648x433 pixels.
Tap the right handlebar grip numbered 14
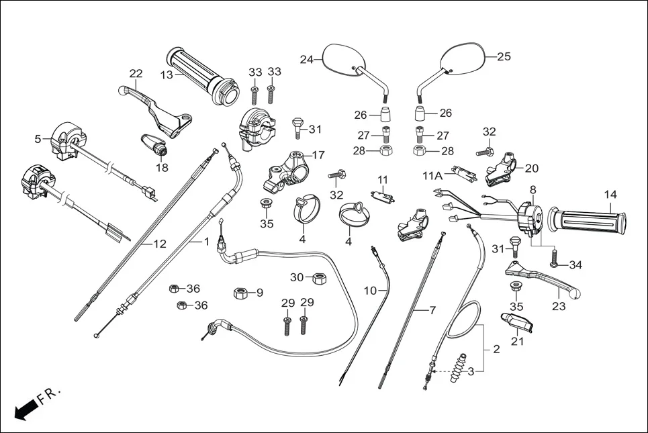(588, 221)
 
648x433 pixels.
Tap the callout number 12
(159, 244)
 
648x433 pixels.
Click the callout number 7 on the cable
(433, 310)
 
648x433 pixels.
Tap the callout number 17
(318, 155)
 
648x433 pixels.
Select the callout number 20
(532, 169)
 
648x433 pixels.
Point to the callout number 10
(371, 291)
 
